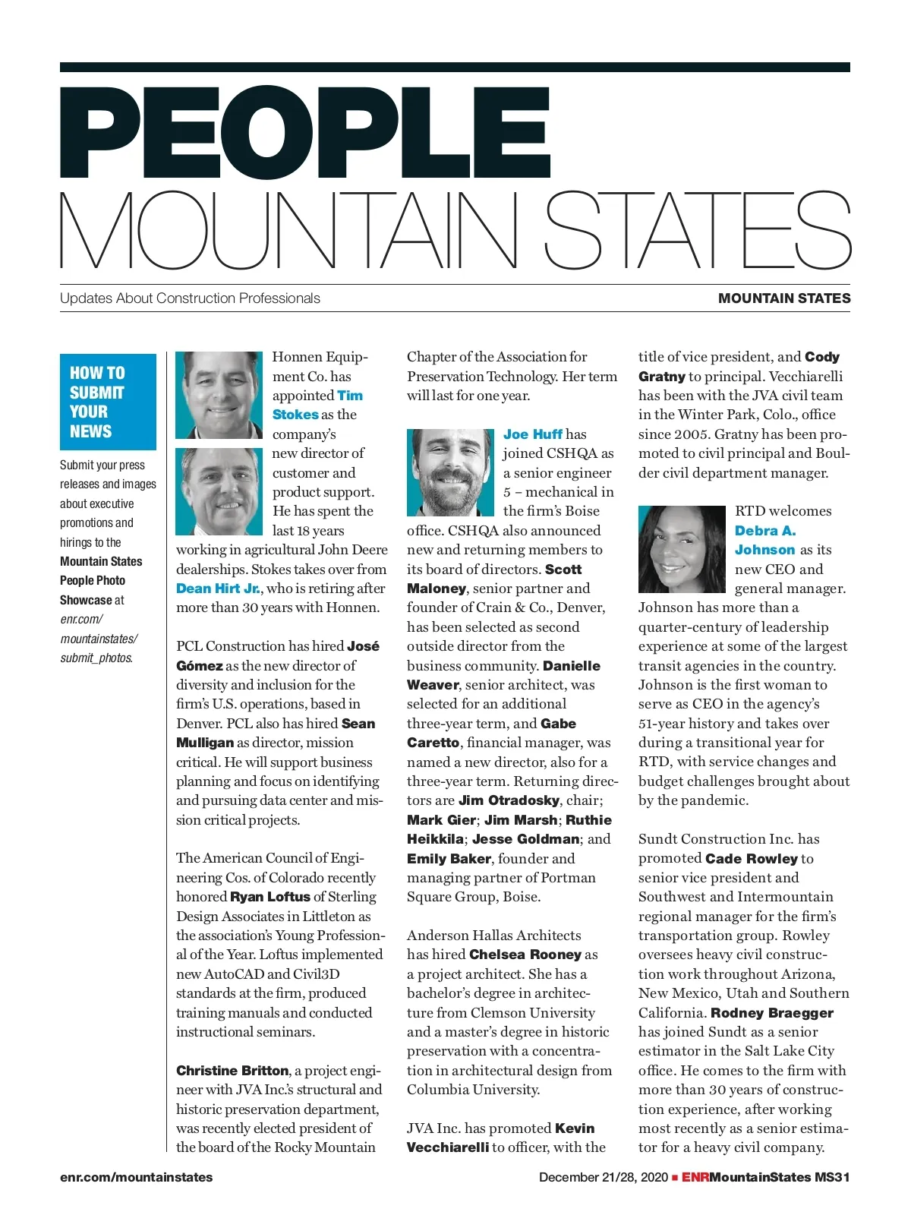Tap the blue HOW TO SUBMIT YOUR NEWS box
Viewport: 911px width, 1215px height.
[x=108, y=402]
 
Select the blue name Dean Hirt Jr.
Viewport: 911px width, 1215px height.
[x=218, y=589]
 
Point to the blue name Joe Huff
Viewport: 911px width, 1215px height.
[x=533, y=434]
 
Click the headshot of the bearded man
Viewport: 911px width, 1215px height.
[x=450, y=472]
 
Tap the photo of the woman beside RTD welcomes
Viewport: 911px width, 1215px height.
[x=682, y=549]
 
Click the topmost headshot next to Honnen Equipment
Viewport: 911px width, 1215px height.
[x=219, y=395]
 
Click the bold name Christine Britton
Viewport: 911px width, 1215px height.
[x=232, y=1071]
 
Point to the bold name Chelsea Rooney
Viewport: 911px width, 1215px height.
[x=525, y=955]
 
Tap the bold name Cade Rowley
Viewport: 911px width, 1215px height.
[x=752, y=859]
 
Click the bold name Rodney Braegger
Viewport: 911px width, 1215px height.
[x=771, y=1013]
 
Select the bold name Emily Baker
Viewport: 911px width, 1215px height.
[x=449, y=859]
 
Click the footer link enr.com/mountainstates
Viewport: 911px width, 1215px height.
[x=137, y=1178]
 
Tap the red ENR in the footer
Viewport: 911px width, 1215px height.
[x=695, y=1178]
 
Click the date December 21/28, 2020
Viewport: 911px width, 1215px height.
[x=603, y=1178]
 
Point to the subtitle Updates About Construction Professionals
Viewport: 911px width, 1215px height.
[x=190, y=298]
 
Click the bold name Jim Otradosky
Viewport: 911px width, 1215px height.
[x=509, y=800]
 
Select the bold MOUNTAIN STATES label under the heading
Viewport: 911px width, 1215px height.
[x=784, y=298]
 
